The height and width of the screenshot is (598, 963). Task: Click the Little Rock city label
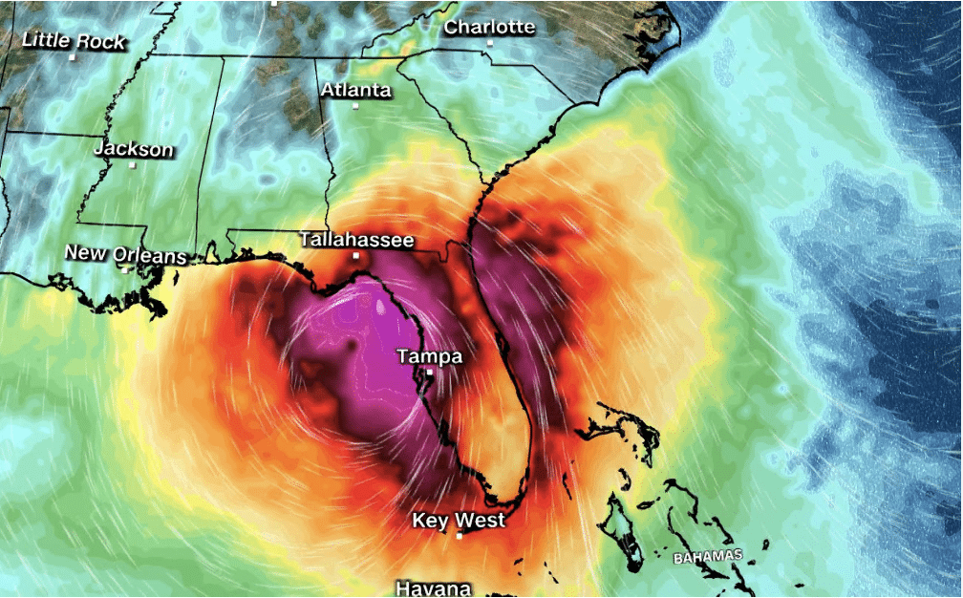pyautogui.click(x=73, y=40)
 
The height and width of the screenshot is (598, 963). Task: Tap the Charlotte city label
pyautogui.click(x=489, y=27)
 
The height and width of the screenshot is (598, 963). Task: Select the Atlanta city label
pyautogui.click(x=355, y=90)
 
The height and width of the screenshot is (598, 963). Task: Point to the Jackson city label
pyautogui.click(x=134, y=149)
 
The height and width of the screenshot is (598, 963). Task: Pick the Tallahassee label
pyautogui.click(x=356, y=240)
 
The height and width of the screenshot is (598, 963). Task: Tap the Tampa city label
pyautogui.click(x=429, y=356)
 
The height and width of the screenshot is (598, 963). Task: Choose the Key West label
pyautogui.click(x=459, y=521)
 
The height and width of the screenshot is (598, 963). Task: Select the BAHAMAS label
pyautogui.click(x=707, y=556)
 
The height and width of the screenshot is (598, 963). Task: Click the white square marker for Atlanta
pyautogui.click(x=355, y=106)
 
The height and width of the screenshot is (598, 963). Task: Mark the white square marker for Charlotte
pyautogui.click(x=490, y=43)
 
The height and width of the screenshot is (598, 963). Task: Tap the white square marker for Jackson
pyautogui.click(x=133, y=165)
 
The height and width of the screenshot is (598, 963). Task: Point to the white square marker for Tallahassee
pyautogui.click(x=355, y=256)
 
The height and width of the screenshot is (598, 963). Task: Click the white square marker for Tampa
pyautogui.click(x=430, y=373)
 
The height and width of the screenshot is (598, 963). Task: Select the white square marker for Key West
pyautogui.click(x=460, y=537)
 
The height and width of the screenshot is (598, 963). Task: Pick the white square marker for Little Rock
pyautogui.click(x=73, y=56)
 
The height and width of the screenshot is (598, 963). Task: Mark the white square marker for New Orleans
pyautogui.click(x=124, y=269)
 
